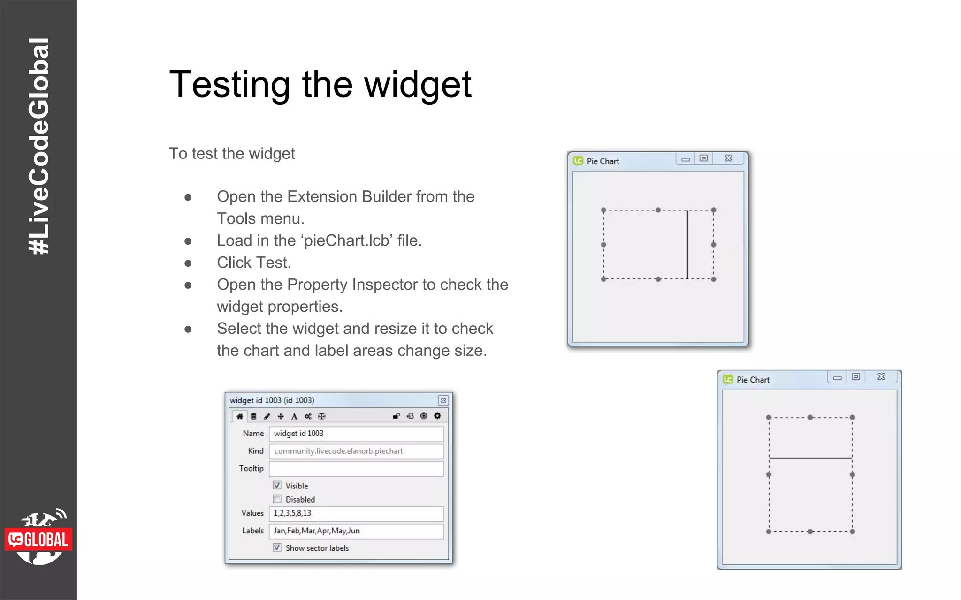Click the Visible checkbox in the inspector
277,485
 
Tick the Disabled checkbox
277,499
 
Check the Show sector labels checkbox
277,547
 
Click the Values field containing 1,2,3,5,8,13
356,513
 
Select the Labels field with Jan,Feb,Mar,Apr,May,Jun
356,531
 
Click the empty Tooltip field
356,468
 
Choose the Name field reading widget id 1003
356,434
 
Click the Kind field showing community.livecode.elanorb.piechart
356,451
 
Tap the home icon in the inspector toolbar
239,416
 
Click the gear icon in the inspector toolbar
437,416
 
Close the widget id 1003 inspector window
443,401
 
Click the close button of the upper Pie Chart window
728,158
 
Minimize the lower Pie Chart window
837,377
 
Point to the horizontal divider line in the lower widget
810,458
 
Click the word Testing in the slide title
229,85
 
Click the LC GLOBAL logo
38,539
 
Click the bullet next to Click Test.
188,263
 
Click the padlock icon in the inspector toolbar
397,416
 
